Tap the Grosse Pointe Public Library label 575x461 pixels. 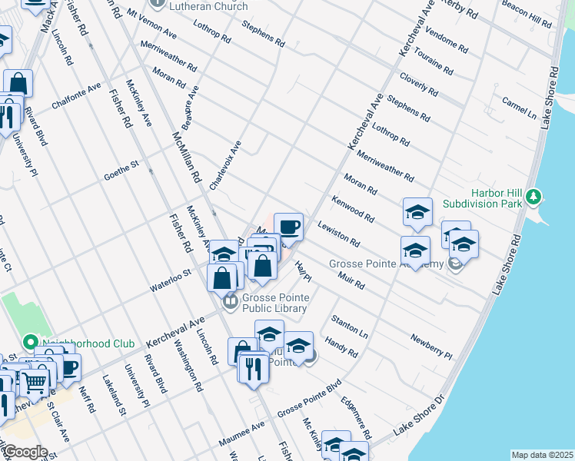pos(275,303)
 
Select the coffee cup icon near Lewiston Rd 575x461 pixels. pos(288,227)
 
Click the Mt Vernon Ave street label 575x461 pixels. pos(151,25)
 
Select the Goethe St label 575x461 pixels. pos(121,171)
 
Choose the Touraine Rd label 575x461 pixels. pos(436,56)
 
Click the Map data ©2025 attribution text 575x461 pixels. pos(541,455)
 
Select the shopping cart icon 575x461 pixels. pos(34,381)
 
